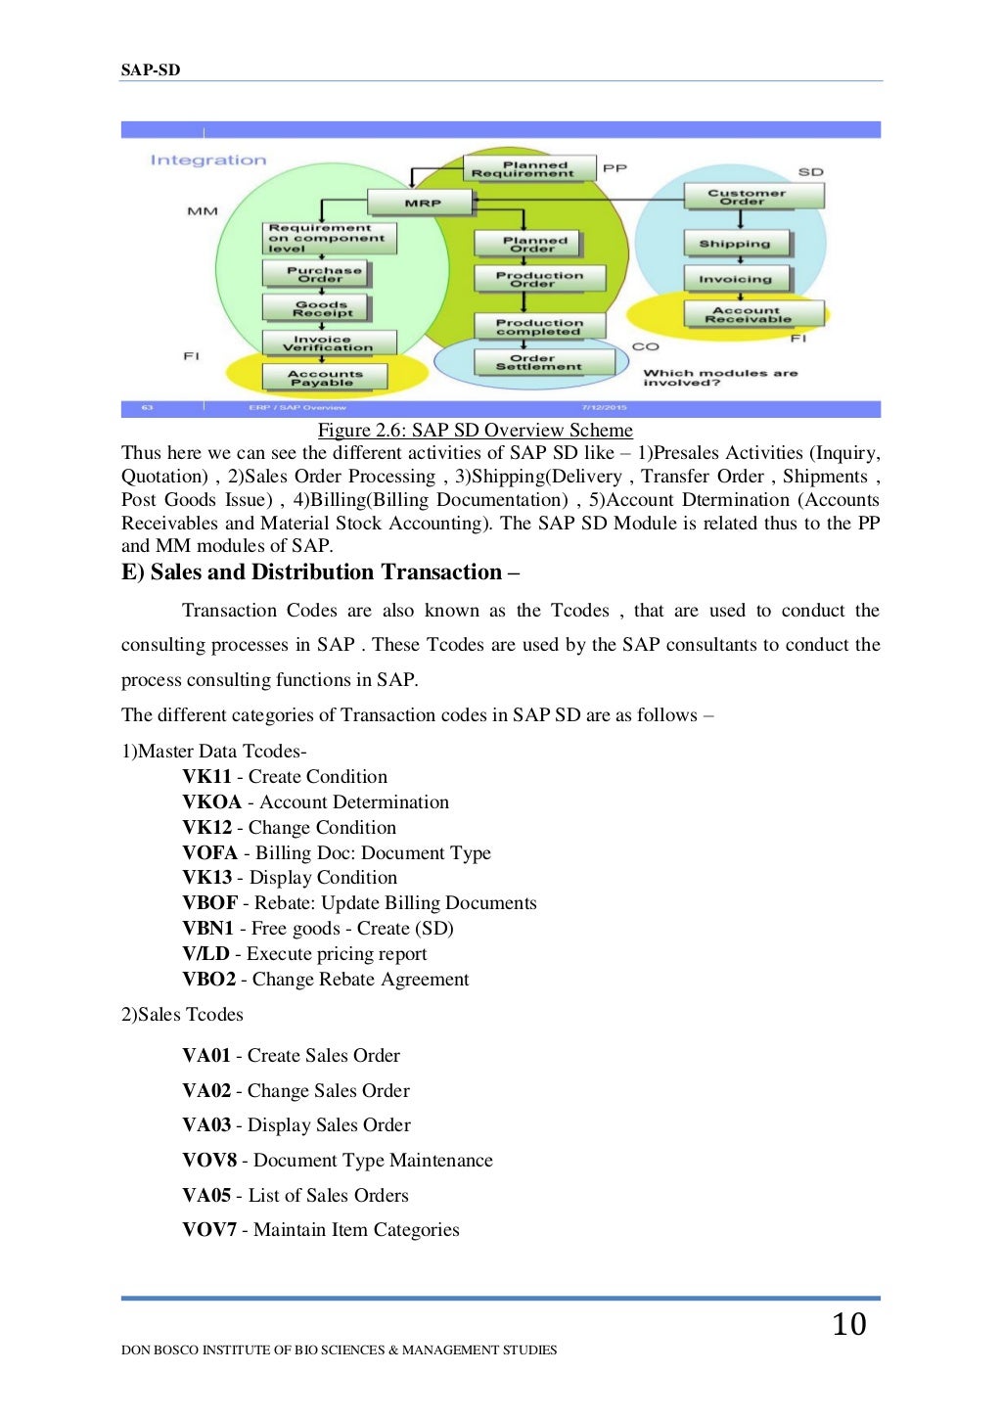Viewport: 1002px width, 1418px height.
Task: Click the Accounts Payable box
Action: point(324,378)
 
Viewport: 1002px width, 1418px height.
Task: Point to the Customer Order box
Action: point(753,197)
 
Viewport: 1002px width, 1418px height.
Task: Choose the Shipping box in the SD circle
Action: point(736,244)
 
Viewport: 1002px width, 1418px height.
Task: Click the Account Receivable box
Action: point(751,314)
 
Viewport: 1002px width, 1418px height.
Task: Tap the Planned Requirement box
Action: point(529,169)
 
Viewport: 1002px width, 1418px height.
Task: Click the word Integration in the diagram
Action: point(207,160)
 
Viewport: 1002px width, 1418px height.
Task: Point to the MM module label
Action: point(203,211)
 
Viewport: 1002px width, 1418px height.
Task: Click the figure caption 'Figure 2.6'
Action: point(475,431)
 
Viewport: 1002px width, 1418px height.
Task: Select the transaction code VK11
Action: point(206,777)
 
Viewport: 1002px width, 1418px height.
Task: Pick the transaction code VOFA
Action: point(209,853)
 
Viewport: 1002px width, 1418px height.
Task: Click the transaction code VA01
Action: point(205,1056)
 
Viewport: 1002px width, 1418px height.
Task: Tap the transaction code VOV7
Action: point(208,1230)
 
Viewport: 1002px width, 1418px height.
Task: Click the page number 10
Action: point(848,1324)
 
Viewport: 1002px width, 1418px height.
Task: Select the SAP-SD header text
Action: point(151,69)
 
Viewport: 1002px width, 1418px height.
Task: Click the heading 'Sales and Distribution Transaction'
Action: point(320,572)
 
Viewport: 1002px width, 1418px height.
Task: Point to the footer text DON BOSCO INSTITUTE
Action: point(339,1350)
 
